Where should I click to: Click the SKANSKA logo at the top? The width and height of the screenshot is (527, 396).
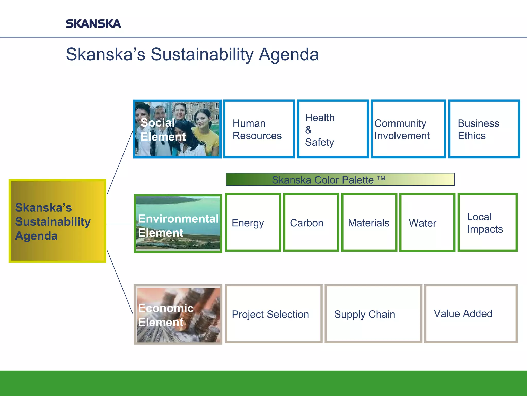point(93,24)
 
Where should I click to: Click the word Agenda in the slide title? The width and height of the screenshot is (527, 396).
point(288,54)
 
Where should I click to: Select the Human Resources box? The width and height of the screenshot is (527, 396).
point(259,129)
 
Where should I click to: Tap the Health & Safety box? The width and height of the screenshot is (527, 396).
point(333,129)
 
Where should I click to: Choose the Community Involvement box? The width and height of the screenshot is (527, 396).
point(408,129)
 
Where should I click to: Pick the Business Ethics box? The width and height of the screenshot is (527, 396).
point(484,129)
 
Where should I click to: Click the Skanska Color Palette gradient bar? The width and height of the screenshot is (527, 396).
point(340,179)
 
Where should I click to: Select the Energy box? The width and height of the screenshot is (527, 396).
point(253,222)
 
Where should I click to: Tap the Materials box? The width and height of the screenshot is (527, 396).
point(369,222)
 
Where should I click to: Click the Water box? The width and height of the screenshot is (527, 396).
point(427,222)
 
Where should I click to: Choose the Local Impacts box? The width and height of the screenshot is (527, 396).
point(487,222)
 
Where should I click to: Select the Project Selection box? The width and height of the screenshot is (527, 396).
point(274,314)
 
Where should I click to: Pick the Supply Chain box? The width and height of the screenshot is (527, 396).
point(373,314)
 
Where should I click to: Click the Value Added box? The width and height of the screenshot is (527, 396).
point(471,314)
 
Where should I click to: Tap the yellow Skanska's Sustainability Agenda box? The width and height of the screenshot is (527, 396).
point(57,221)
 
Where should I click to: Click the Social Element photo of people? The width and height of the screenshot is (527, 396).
point(177,129)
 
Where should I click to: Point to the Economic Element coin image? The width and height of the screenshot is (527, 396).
point(178,315)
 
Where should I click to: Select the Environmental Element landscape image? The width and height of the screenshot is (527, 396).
point(178,223)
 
